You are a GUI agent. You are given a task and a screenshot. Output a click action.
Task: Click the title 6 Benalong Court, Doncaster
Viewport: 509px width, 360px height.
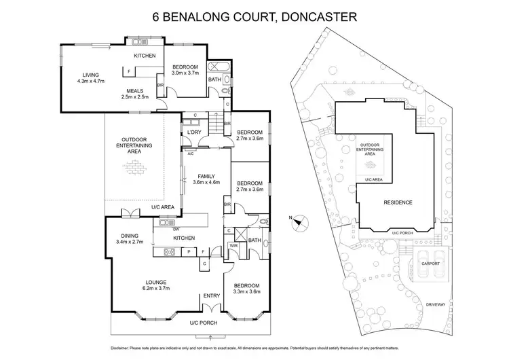[254, 14]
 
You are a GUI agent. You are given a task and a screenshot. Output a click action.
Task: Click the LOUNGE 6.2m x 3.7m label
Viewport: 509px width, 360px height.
[155, 285]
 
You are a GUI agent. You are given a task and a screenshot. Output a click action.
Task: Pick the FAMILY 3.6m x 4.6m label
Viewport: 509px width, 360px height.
[207, 178]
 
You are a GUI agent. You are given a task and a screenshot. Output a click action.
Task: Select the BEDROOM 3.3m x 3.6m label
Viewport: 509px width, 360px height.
[248, 289]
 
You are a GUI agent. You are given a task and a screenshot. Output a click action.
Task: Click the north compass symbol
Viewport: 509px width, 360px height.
[300, 220]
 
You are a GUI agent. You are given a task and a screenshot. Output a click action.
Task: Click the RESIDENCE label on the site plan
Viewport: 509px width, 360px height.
[398, 202]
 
